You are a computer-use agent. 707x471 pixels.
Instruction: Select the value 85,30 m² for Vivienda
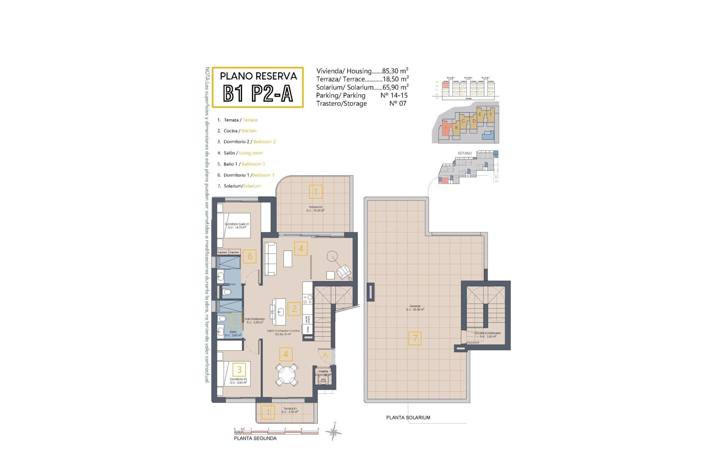[395, 71]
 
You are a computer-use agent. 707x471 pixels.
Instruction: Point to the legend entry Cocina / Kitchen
[240, 131]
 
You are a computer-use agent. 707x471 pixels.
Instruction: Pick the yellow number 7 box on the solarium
[415, 338]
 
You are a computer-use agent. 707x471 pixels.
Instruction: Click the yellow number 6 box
[250, 256]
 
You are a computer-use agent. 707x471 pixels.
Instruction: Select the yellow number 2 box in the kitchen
[294, 309]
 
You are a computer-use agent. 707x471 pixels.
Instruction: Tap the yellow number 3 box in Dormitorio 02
[239, 369]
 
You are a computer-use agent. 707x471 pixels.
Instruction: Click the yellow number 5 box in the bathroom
[235, 321]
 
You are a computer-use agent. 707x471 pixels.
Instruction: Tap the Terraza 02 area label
[315, 209]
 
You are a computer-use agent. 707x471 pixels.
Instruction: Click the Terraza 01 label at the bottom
[290, 410]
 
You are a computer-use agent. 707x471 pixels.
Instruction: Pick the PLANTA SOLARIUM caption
[408, 418]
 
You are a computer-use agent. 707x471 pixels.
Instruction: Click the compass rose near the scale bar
[334, 432]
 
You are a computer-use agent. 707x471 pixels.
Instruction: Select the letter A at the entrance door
[325, 355]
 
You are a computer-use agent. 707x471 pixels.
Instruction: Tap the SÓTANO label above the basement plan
[464, 153]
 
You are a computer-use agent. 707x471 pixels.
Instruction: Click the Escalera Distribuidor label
[488, 334]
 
